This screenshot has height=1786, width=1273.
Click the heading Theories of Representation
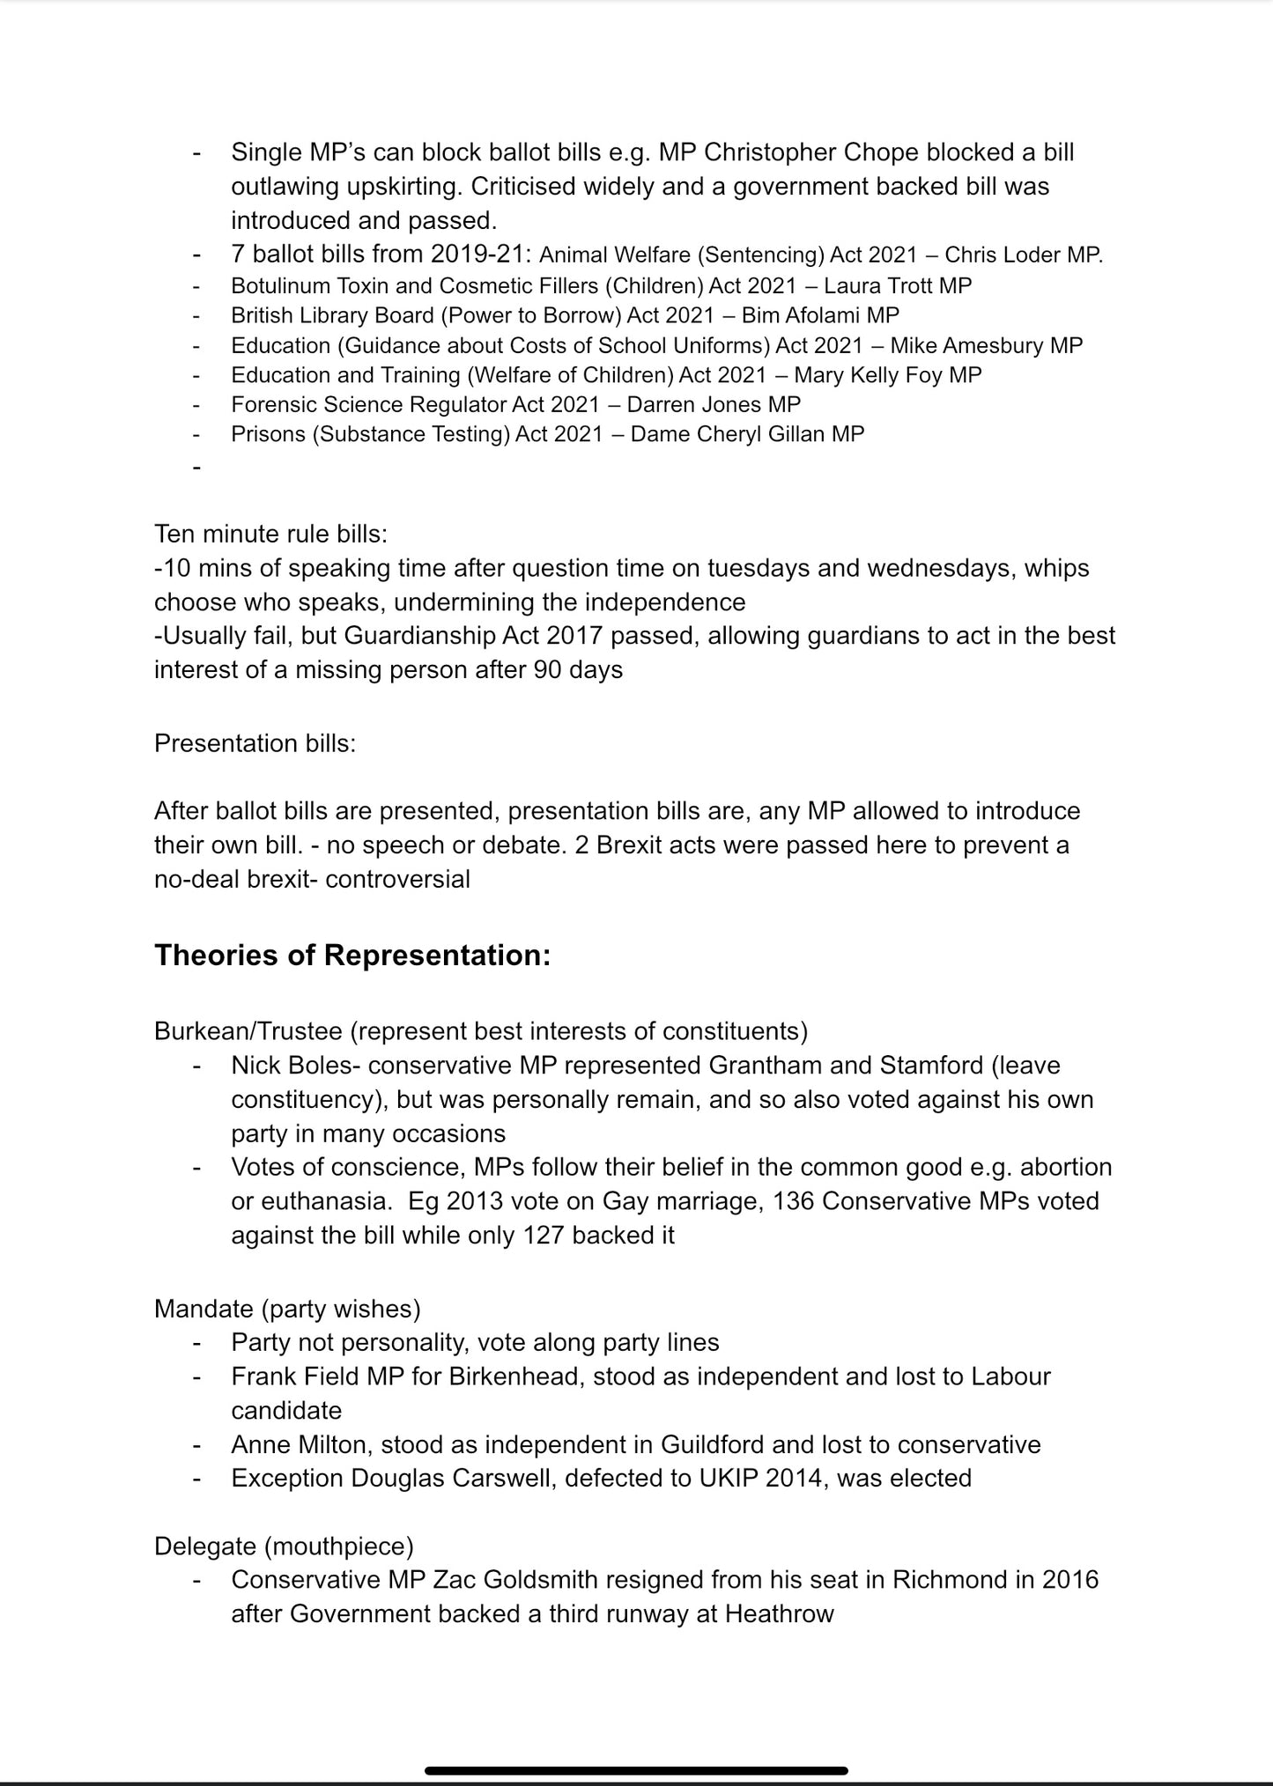[x=352, y=956]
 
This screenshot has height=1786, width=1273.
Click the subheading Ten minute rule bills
[x=270, y=534]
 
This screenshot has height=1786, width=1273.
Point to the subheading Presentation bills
[x=255, y=743]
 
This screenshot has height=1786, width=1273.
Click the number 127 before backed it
[x=543, y=1235]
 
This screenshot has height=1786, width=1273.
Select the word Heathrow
[x=779, y=1613]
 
